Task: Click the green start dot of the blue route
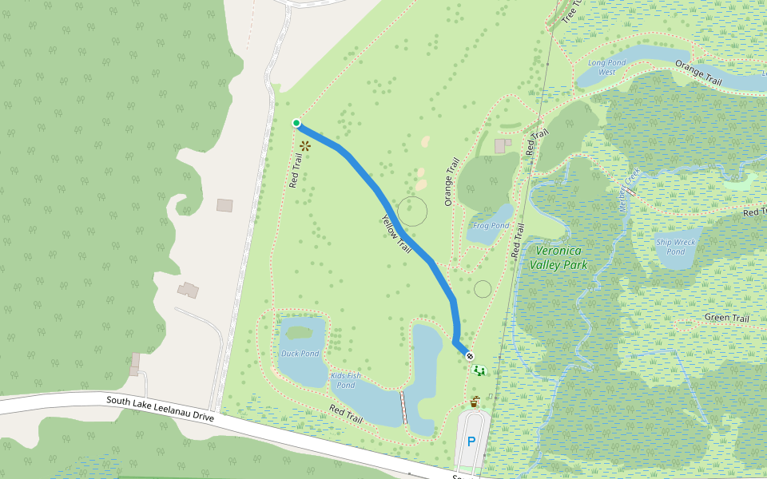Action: [296, 123]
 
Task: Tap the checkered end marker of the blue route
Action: [469, 356]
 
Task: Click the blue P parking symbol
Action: [471, 441]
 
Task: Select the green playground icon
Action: [479, 370]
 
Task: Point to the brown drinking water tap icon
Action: [475, 400]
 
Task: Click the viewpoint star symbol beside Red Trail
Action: [305, 146]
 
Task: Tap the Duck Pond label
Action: [300, 354]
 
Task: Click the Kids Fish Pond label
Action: [345, 380]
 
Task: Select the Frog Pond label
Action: [491, 226]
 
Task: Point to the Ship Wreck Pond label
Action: [676, 247]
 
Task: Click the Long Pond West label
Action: [602, 66]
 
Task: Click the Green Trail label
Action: [726, 319]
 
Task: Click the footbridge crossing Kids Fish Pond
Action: [403, 407]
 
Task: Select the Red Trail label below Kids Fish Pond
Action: [346, 414]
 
